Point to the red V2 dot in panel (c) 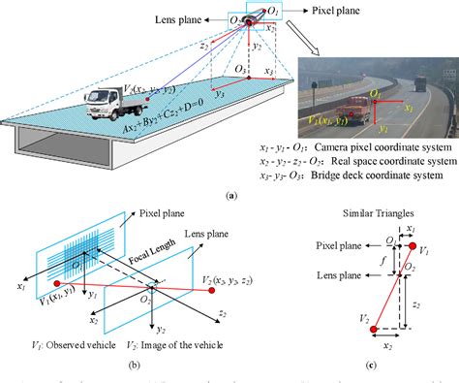374,330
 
